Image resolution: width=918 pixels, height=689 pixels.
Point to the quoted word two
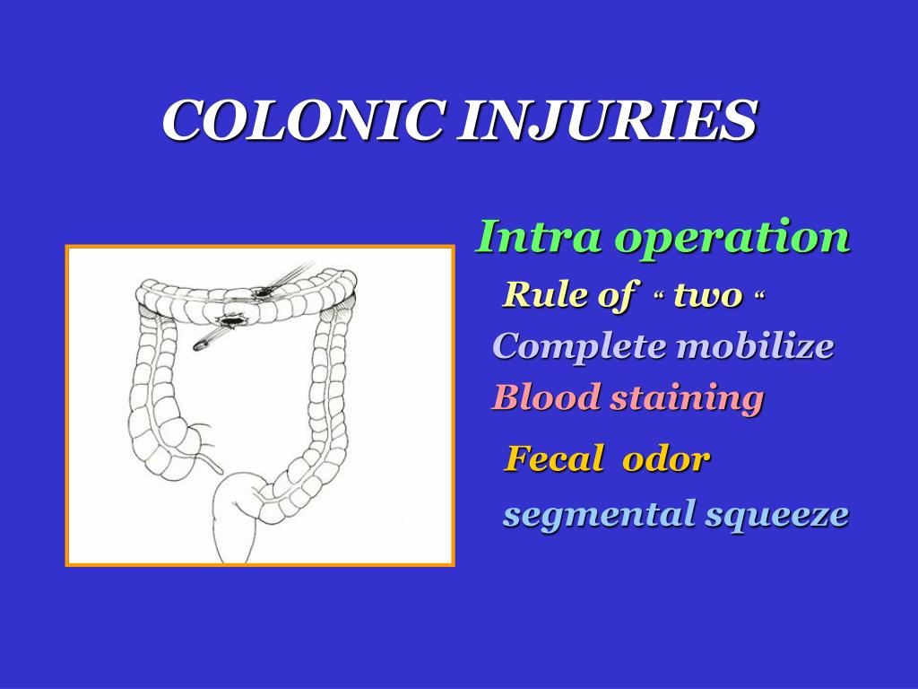pyautogui.click(x=708, y=296)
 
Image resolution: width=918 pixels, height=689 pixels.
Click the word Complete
pyautogui.click(x=580, y=346)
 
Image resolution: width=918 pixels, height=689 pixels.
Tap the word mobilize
pyautogui.click(x=755, y=345)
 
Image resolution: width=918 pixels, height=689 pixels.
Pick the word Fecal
pyautogui.click(x=554, y=458)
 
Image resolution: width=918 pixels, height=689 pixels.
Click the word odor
pyautogui.click(x=666, y=458)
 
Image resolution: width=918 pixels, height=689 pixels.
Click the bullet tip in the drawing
pyautogui.click(x=197, y=346)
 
